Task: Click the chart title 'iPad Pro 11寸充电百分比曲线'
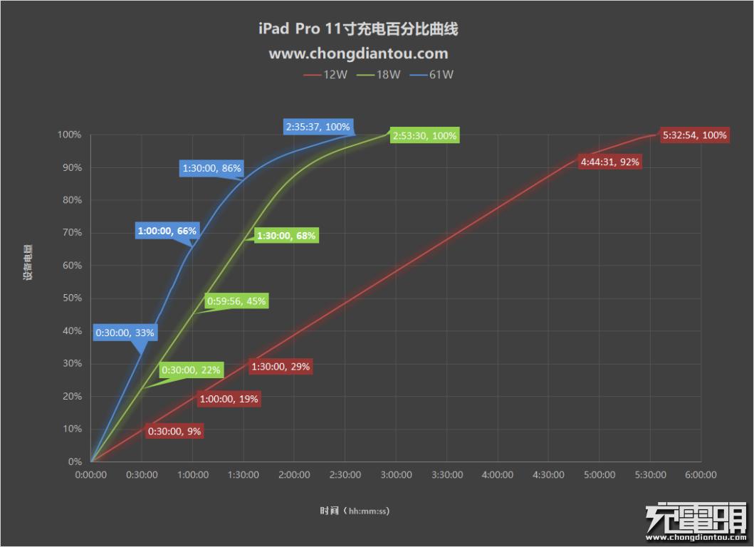(358, 29)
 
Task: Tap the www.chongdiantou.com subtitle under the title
(358, 53)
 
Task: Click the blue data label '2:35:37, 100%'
(318, 127)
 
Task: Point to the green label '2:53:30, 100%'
(424, 135)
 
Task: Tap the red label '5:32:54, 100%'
(694, 135)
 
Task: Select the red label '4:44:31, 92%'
(609, 162)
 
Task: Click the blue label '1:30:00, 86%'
(212, 169)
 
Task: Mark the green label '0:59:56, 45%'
(236, 301)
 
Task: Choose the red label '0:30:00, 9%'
(174, 431)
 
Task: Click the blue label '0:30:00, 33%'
(125, 332)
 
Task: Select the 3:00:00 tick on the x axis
(396, 475)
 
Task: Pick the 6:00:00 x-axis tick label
(701, 475)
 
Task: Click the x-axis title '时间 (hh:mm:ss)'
(355, 511)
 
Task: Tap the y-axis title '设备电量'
(28, 264)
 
